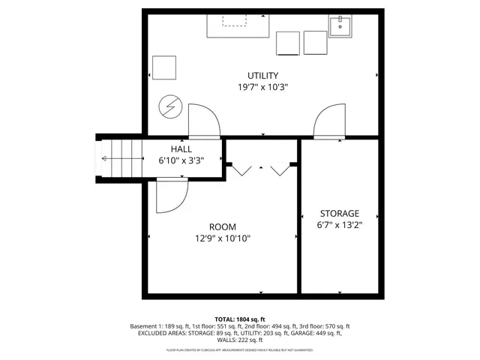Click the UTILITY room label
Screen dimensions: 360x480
(x=263, y=75)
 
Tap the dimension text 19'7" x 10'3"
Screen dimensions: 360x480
(x=263, y=87)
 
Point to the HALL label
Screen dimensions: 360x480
(x=181, y=149)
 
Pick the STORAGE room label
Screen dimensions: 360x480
(x=339, y=213)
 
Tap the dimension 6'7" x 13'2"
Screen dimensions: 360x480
(x=339, y=225)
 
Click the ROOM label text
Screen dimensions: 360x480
(x=223, y=227)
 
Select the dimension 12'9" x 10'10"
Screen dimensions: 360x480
(x=223, y=239)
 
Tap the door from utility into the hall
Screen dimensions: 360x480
(x=204, y=121)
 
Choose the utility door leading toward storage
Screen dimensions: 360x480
(x=328, y=121)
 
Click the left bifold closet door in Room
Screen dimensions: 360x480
(x=241, y=169)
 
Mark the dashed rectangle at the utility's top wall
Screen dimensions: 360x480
(x=235, y=19)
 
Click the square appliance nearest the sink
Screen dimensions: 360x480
(x=316, y=43)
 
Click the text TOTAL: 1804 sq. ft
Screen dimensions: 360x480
(x=240, y=319)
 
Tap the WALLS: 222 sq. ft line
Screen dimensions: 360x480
(x=240, y=341)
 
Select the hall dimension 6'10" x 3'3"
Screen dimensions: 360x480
(x=181, y=160)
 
